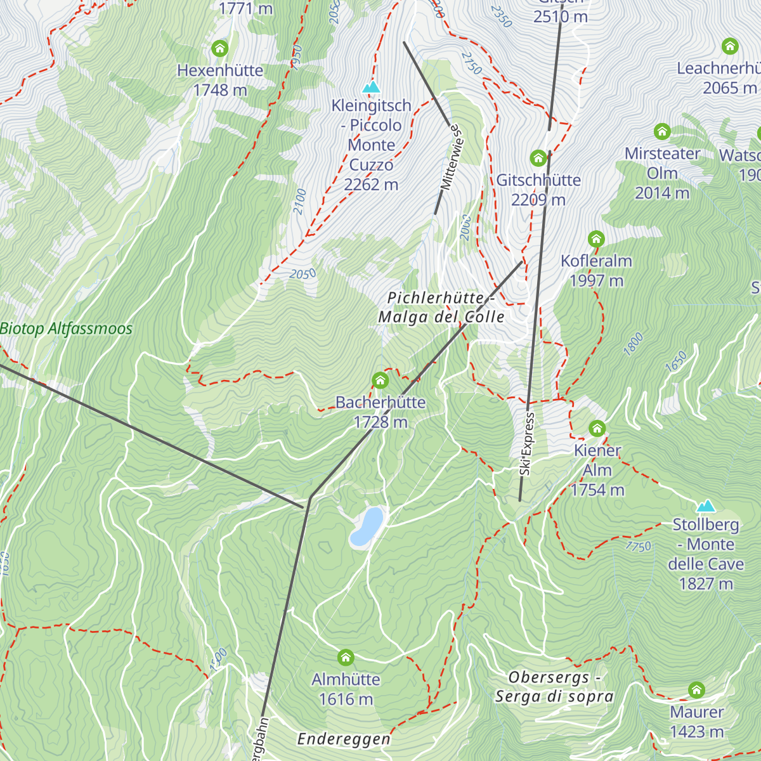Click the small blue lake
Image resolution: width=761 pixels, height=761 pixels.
coord(367,526)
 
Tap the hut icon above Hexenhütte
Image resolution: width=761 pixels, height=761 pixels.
coord(219,48)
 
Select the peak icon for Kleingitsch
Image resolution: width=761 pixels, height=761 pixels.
coord(371,87)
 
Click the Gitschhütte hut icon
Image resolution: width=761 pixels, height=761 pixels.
coord(538,158)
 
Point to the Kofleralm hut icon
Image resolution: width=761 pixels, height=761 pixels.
coord(595,239)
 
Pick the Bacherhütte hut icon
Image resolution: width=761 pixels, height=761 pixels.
coord(380,380)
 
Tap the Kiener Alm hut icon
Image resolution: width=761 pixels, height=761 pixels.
coord(597,428)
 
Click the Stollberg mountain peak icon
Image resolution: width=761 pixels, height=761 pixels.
coord(705,506)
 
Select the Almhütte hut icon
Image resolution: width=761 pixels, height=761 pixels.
coord(346,657)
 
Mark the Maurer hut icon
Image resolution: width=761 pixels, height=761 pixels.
coord(696,690)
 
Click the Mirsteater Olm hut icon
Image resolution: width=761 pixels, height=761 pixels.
coord(662,132)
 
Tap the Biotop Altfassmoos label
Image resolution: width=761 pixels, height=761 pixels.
coord(66,328)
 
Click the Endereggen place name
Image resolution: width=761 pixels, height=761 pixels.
coord(344,739)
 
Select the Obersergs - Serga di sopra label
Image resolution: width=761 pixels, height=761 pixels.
coord(554,687)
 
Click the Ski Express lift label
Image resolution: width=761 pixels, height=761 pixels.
coord(526,444)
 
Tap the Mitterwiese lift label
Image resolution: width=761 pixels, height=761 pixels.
coord(453,157)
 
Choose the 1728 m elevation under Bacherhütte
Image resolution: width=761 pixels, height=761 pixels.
coord(380,422)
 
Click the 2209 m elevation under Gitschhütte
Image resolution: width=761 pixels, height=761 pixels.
coord(538,200)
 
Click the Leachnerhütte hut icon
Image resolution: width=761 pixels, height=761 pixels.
coord(730,46)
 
